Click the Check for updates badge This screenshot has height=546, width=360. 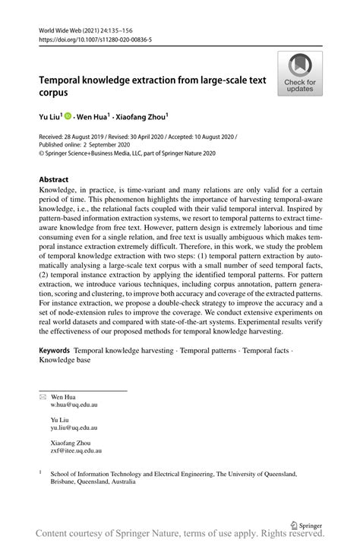(x=300, y=74)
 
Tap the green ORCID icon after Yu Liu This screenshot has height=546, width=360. (x=68, y=117)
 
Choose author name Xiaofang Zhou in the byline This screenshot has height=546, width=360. (x=144, y=117)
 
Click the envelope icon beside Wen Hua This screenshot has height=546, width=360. (x=43, y=396)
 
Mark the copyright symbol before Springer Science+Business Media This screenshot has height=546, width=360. (x=41, y=153)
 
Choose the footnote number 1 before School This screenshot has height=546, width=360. (x=41, y=472)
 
